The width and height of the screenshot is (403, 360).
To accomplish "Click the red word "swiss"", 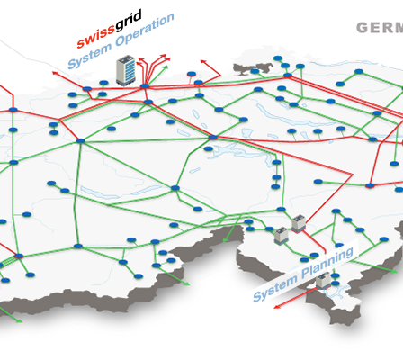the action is (95, 37).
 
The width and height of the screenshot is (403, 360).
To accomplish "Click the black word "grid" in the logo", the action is (129, 20).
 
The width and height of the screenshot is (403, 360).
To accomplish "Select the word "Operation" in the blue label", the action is (144, 30).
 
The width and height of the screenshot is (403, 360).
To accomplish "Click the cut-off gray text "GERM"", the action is (380, 28).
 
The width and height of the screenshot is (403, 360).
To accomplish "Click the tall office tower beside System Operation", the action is (126, 70).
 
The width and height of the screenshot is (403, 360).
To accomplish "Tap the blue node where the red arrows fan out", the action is (145, 86).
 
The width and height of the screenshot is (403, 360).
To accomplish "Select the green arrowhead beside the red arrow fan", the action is (166, 67).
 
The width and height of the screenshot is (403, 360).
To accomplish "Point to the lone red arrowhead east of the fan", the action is (202, 61).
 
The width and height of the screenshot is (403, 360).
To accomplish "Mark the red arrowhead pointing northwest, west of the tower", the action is (55, 73).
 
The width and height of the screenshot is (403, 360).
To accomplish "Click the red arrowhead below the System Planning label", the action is (277, 307).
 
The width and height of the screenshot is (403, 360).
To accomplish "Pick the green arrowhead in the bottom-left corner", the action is (19, 321).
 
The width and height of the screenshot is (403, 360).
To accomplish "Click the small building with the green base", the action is (281, 236).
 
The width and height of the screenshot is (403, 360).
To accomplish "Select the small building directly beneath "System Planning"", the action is (323, 281).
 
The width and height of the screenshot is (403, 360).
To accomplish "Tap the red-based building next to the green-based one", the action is (299, 224).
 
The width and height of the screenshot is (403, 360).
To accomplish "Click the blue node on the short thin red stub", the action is (192, 74).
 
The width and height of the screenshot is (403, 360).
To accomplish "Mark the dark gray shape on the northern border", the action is (252, 68).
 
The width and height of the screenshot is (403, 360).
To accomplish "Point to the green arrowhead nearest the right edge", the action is (395, 271).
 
